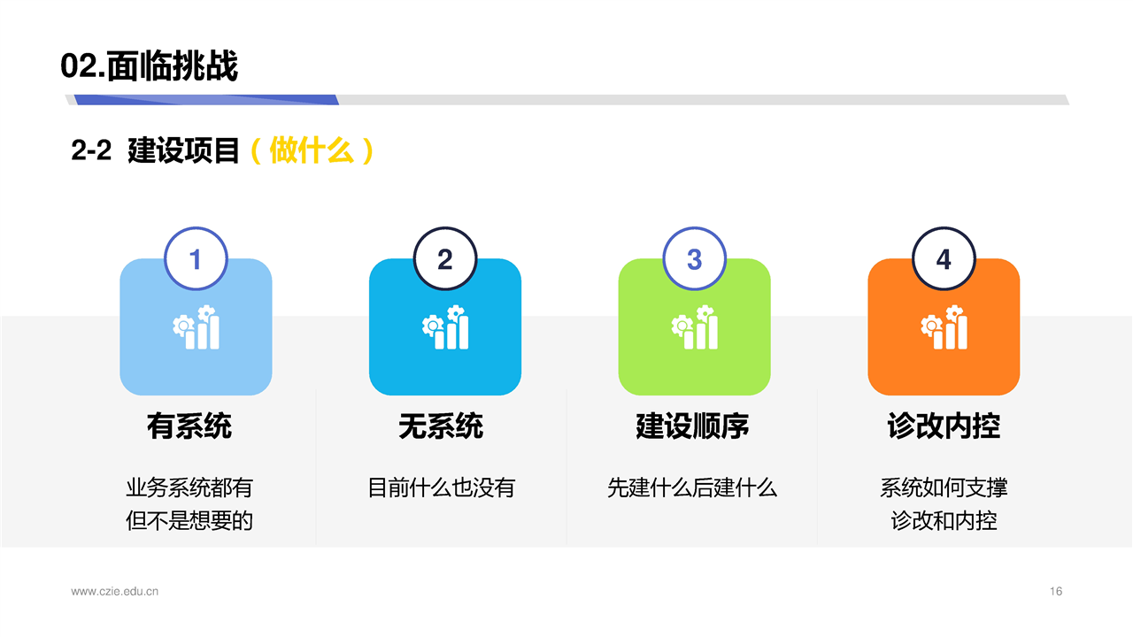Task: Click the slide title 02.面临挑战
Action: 150,65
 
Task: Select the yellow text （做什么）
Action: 312,150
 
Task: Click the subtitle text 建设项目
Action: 183,150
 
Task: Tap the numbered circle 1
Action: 196,259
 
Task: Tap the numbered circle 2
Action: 445,259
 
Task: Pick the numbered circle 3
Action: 695,259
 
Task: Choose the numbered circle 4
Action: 944,259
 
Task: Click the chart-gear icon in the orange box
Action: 944,327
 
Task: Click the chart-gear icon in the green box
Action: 695,327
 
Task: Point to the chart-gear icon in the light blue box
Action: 196,327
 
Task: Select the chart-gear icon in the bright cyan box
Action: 445,327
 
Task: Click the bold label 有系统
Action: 189,426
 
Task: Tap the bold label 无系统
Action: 441,426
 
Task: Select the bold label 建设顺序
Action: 692,426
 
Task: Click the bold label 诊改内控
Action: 944,426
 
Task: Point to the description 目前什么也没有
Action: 441,487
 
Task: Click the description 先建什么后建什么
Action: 692,487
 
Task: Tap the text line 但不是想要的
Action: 189,521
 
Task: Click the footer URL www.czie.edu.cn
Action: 115,591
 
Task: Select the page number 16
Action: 1056,591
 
